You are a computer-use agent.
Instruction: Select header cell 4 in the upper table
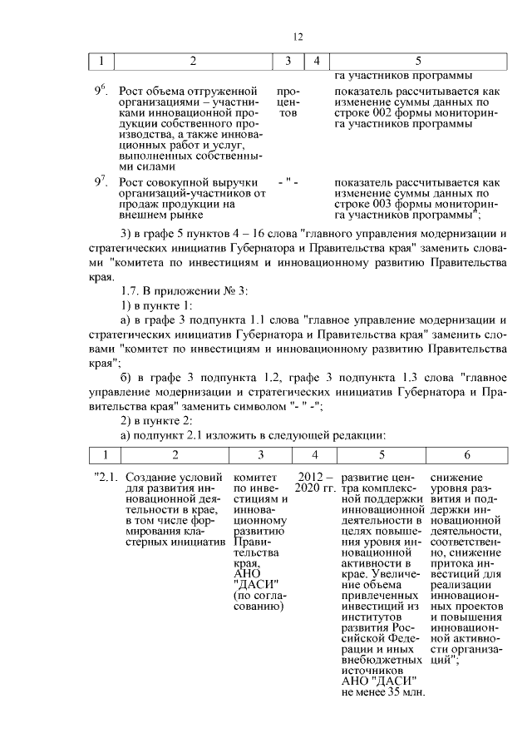(316, 61)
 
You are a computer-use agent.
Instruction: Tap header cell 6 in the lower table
(467, 455)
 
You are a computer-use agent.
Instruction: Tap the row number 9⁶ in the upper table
(101, 89)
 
